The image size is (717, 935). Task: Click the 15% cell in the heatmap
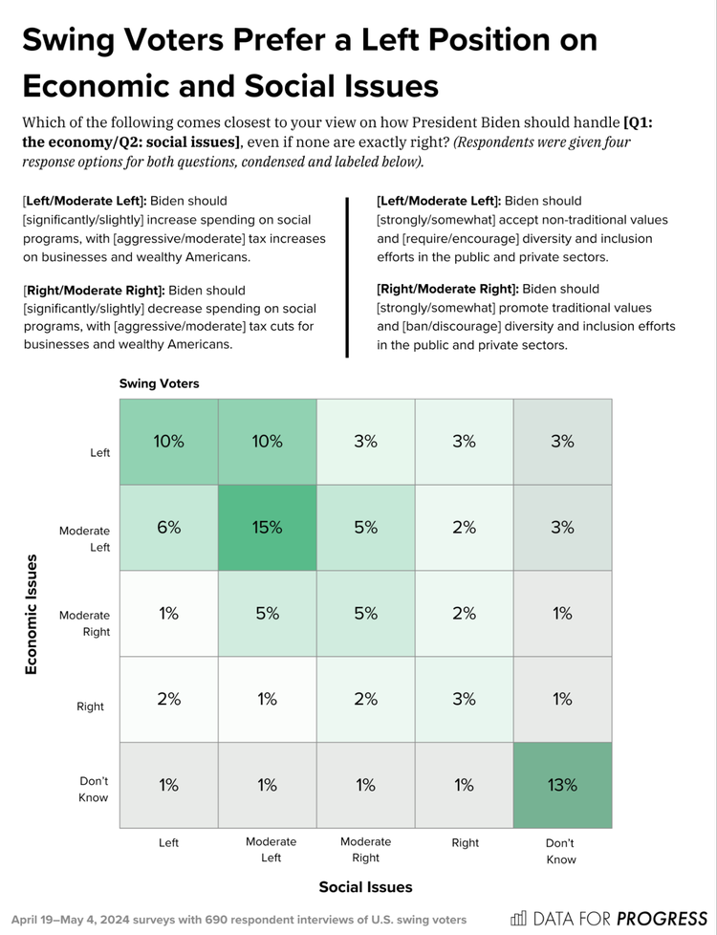click(x=268, y=528)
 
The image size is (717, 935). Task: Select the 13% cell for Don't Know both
click(x=562, y=785)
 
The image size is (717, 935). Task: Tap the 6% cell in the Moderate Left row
click(x=169, y=528)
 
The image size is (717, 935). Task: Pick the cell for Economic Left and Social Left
click(x=169, y=442)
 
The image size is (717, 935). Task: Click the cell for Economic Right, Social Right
click(x=464, y=699)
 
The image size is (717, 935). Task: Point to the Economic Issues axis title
click(x=32, y=613)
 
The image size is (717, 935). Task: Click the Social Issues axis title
click(x=365, y=886)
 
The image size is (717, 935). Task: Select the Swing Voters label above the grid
click(x=159, y=382)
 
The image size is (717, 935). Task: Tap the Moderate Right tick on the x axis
click(x=365, y=850)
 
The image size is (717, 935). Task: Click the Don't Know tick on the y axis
click(x=94, y=789)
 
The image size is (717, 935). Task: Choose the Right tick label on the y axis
click(x=97, y=707)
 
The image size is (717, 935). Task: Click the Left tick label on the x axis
click(x=169, y=843)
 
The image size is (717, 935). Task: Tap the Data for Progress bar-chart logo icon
click(x=518, y=919)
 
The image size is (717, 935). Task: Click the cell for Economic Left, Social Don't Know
click(x=562, y=442)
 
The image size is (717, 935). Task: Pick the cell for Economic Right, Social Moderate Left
click(x=268, y=699)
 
